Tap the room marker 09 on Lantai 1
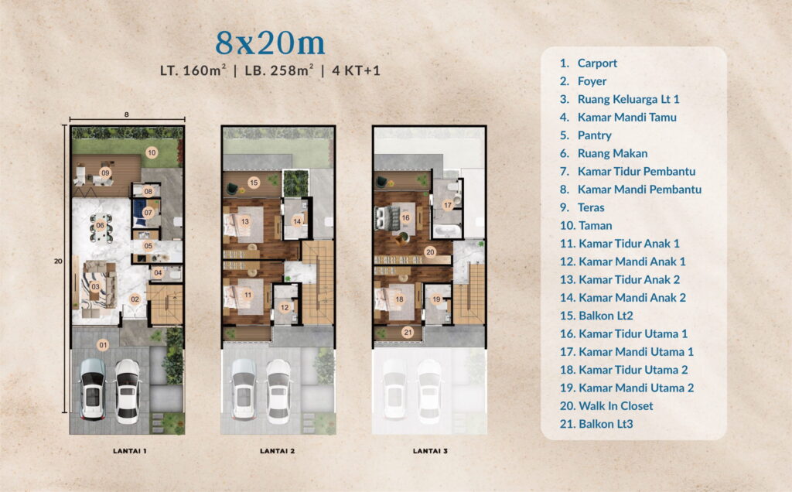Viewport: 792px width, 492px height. point(104,172)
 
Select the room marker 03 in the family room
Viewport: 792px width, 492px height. point(95,286)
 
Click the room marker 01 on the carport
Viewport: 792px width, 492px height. point(103,343)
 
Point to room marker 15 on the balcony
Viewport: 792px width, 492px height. point(253,183)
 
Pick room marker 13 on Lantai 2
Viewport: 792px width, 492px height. point(245,221)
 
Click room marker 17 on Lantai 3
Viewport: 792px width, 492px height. point(447,205)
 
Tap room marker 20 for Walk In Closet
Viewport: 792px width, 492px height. point(430,251)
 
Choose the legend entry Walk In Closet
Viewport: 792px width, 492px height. point(615,406)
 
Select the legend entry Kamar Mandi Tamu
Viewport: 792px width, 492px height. point(626,118)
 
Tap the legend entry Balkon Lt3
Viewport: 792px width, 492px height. point(606,424)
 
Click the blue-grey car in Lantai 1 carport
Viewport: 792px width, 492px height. point(92,389)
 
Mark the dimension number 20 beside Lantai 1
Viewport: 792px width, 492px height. point(58,261)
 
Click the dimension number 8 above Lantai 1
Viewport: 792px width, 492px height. point(126,114)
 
